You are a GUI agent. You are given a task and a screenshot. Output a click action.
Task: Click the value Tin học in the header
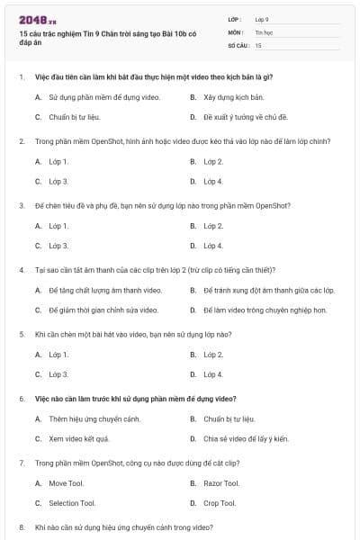(264, 31)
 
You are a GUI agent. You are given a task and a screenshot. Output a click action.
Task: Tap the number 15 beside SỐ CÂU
(258, 44)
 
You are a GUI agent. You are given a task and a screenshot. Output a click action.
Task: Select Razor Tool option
(221, 483)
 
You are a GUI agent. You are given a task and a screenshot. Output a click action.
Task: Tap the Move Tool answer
(67, 483)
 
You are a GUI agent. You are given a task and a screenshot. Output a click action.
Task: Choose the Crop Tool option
(220, 503)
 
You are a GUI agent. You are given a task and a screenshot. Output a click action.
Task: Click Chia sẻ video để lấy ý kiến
(246, 438)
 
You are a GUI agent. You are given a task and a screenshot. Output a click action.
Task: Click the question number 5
(21, 333)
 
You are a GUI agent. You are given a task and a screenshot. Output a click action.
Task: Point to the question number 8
(21, 526)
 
